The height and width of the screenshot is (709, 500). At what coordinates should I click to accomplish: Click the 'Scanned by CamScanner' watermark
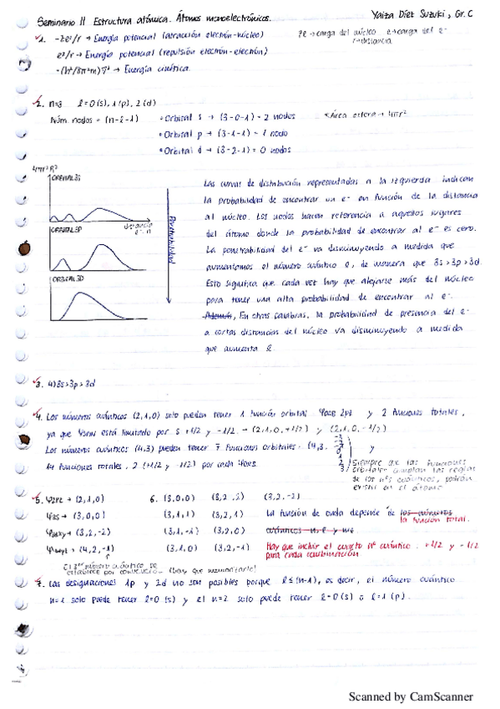pyautogui.click(x=410, y=696)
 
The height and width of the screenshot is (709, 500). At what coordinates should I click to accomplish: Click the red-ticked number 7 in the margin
pyautogui.click(x=38, y=580)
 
